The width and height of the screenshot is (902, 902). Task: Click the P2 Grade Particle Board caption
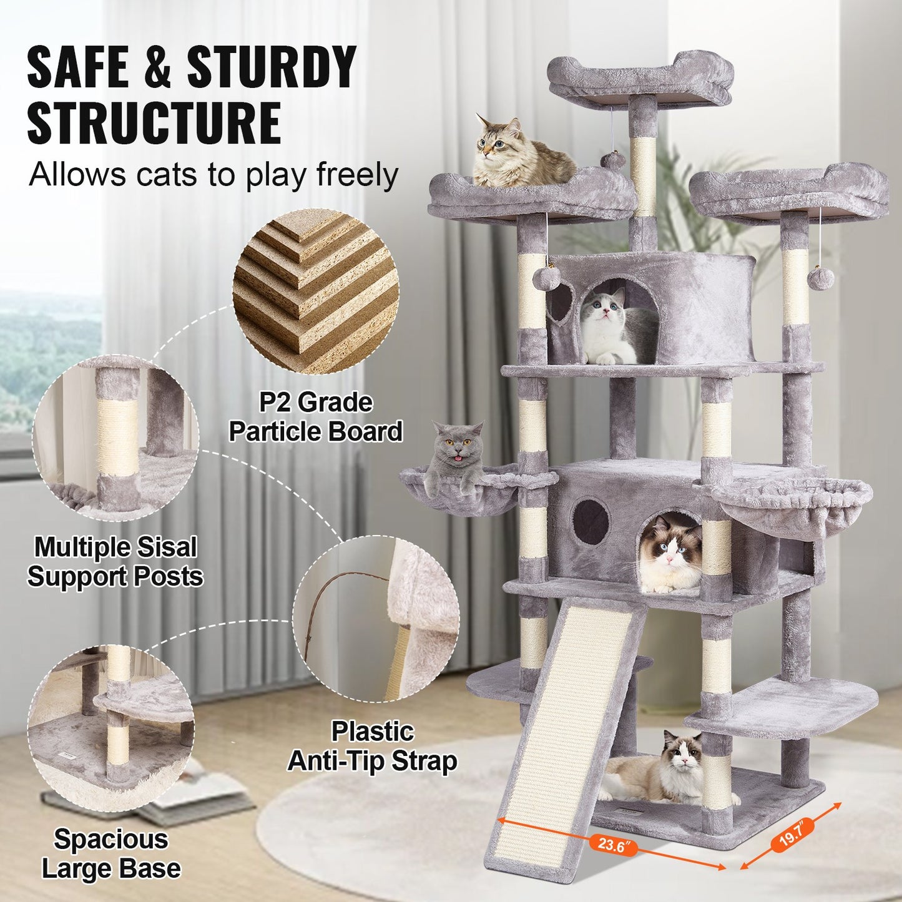click(316, 417)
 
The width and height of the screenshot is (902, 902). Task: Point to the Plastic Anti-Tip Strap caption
click(372, 746)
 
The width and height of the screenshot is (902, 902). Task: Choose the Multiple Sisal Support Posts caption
click(115, 561)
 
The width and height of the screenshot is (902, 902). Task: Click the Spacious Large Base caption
click(110, 853)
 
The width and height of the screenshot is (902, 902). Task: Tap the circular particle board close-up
click(316, 292)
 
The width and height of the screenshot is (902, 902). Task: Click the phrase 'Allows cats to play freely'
click(213, 175)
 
